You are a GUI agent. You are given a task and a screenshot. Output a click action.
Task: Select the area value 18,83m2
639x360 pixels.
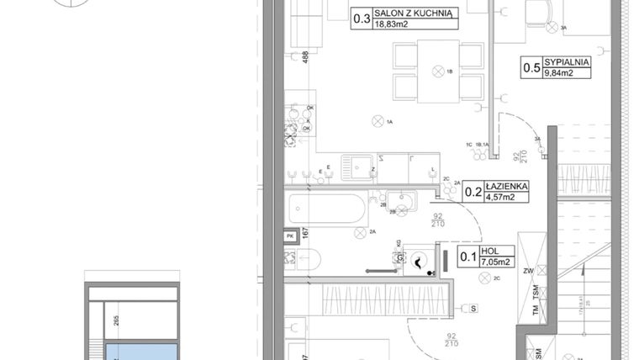click(393, 24)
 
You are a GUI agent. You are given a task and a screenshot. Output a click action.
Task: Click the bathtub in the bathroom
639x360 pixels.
click(326, 209)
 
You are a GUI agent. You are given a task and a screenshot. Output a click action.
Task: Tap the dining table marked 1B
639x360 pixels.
click(437, 71)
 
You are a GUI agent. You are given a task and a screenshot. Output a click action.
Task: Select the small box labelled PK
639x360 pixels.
click(290, 237)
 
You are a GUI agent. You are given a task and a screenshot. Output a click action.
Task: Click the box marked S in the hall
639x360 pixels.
click(473, 309)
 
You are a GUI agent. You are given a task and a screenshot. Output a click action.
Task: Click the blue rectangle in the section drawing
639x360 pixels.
click(140, 351)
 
